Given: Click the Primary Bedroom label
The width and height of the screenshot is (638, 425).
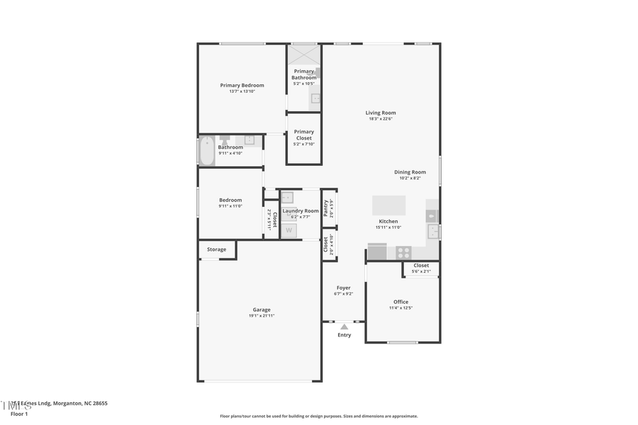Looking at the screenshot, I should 242,85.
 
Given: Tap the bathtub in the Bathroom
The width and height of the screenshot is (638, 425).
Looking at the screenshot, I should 206,150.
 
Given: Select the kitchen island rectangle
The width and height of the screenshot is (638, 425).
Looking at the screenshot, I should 389,205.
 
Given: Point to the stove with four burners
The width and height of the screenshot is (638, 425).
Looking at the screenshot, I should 403,251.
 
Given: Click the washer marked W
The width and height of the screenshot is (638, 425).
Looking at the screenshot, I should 289,230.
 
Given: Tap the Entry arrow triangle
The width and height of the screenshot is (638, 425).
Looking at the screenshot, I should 344,327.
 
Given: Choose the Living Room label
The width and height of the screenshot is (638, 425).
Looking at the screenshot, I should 381,113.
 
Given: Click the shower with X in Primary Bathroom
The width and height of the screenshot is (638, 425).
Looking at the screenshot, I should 304,55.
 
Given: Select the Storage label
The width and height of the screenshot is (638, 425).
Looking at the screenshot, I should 216,249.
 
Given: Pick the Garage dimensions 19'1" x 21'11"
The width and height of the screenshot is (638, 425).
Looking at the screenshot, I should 262,316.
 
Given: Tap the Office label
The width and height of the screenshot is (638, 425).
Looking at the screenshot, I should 401,302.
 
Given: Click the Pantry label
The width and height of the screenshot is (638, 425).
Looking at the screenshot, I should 326,208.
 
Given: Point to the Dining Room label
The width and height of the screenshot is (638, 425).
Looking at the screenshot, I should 410,171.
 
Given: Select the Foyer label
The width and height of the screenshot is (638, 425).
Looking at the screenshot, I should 343,288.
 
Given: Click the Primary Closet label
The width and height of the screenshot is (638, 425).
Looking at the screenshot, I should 304,135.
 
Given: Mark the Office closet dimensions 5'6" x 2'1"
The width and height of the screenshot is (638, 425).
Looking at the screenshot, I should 421,271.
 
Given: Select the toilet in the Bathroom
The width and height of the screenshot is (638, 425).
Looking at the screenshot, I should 225,140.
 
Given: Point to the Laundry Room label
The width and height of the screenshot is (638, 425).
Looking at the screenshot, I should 301,210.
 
